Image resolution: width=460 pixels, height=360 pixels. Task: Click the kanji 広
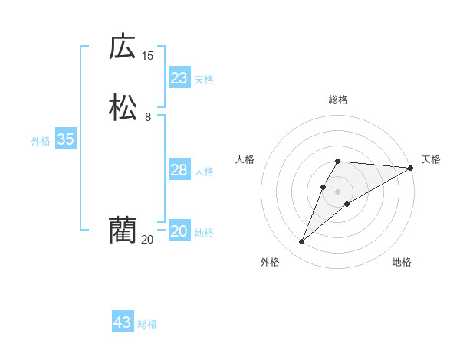[x=122, y=47]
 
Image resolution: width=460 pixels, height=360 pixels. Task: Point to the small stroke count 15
[x=147, y=56]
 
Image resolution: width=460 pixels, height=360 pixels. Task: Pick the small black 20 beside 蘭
[x=147, y=240]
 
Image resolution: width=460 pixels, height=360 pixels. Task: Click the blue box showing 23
[x=179, y=78]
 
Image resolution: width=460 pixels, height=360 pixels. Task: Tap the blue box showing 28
[x=179, y=170]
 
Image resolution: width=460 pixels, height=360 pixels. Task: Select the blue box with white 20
[x=179, y=231]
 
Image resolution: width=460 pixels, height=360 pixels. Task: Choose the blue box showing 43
[x=123, y=322]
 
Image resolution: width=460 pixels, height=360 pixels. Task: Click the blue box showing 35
[x=65, y=139]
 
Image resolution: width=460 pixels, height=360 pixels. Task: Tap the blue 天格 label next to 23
[x=204, y=80]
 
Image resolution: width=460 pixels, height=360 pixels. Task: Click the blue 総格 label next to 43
[x=147, y=324]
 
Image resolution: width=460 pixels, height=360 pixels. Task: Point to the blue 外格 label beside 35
[x=41, y=141]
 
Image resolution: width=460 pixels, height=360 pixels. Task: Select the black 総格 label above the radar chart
[x=338, y=100]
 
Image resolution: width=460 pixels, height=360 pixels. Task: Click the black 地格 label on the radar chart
[x=402, y=262]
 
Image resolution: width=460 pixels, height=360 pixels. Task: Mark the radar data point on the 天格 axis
[x=411, y=168]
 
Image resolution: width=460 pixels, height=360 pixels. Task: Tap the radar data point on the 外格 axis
[x=301, y=242]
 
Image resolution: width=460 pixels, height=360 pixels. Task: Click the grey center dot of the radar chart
[x=338, y=191]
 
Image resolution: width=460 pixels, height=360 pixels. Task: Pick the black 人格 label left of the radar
[x=245, y=159]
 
